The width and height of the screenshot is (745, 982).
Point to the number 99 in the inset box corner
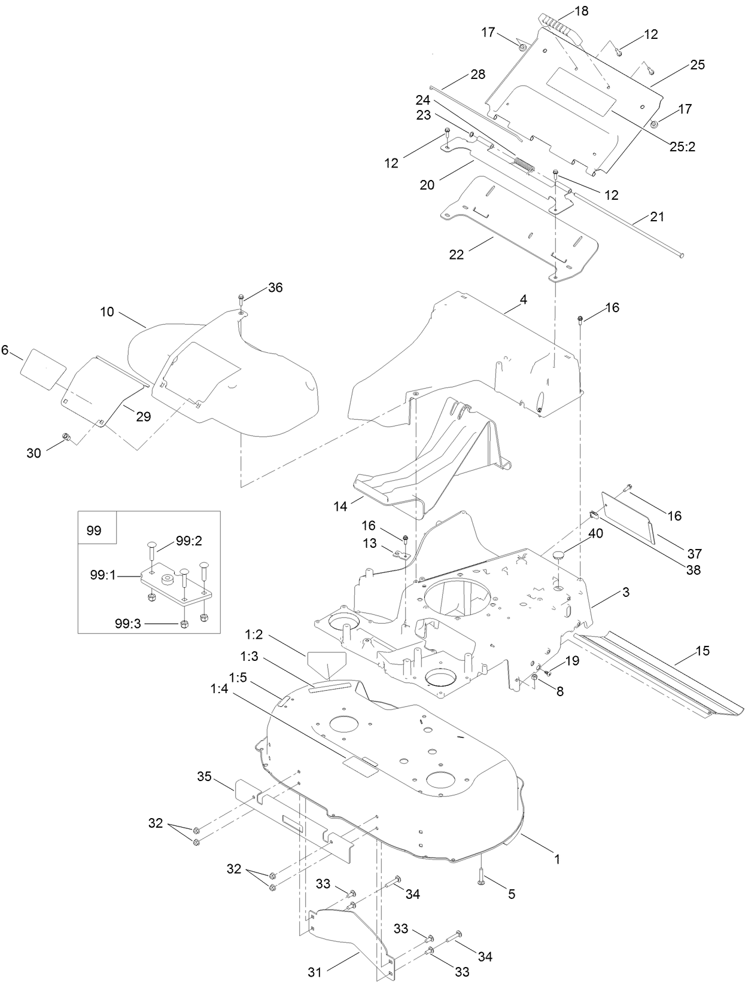coord(94,530)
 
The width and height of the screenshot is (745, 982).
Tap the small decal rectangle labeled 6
coord(43,363)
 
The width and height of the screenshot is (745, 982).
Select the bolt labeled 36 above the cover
coord(241,299)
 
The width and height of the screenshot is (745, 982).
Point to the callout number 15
coord(702,650)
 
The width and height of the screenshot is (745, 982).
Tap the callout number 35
coord(205,777)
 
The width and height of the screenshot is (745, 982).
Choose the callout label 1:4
coord(219,688)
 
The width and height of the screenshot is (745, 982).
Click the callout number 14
coord(340,506)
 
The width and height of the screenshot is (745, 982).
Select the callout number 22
coord(457,254)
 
